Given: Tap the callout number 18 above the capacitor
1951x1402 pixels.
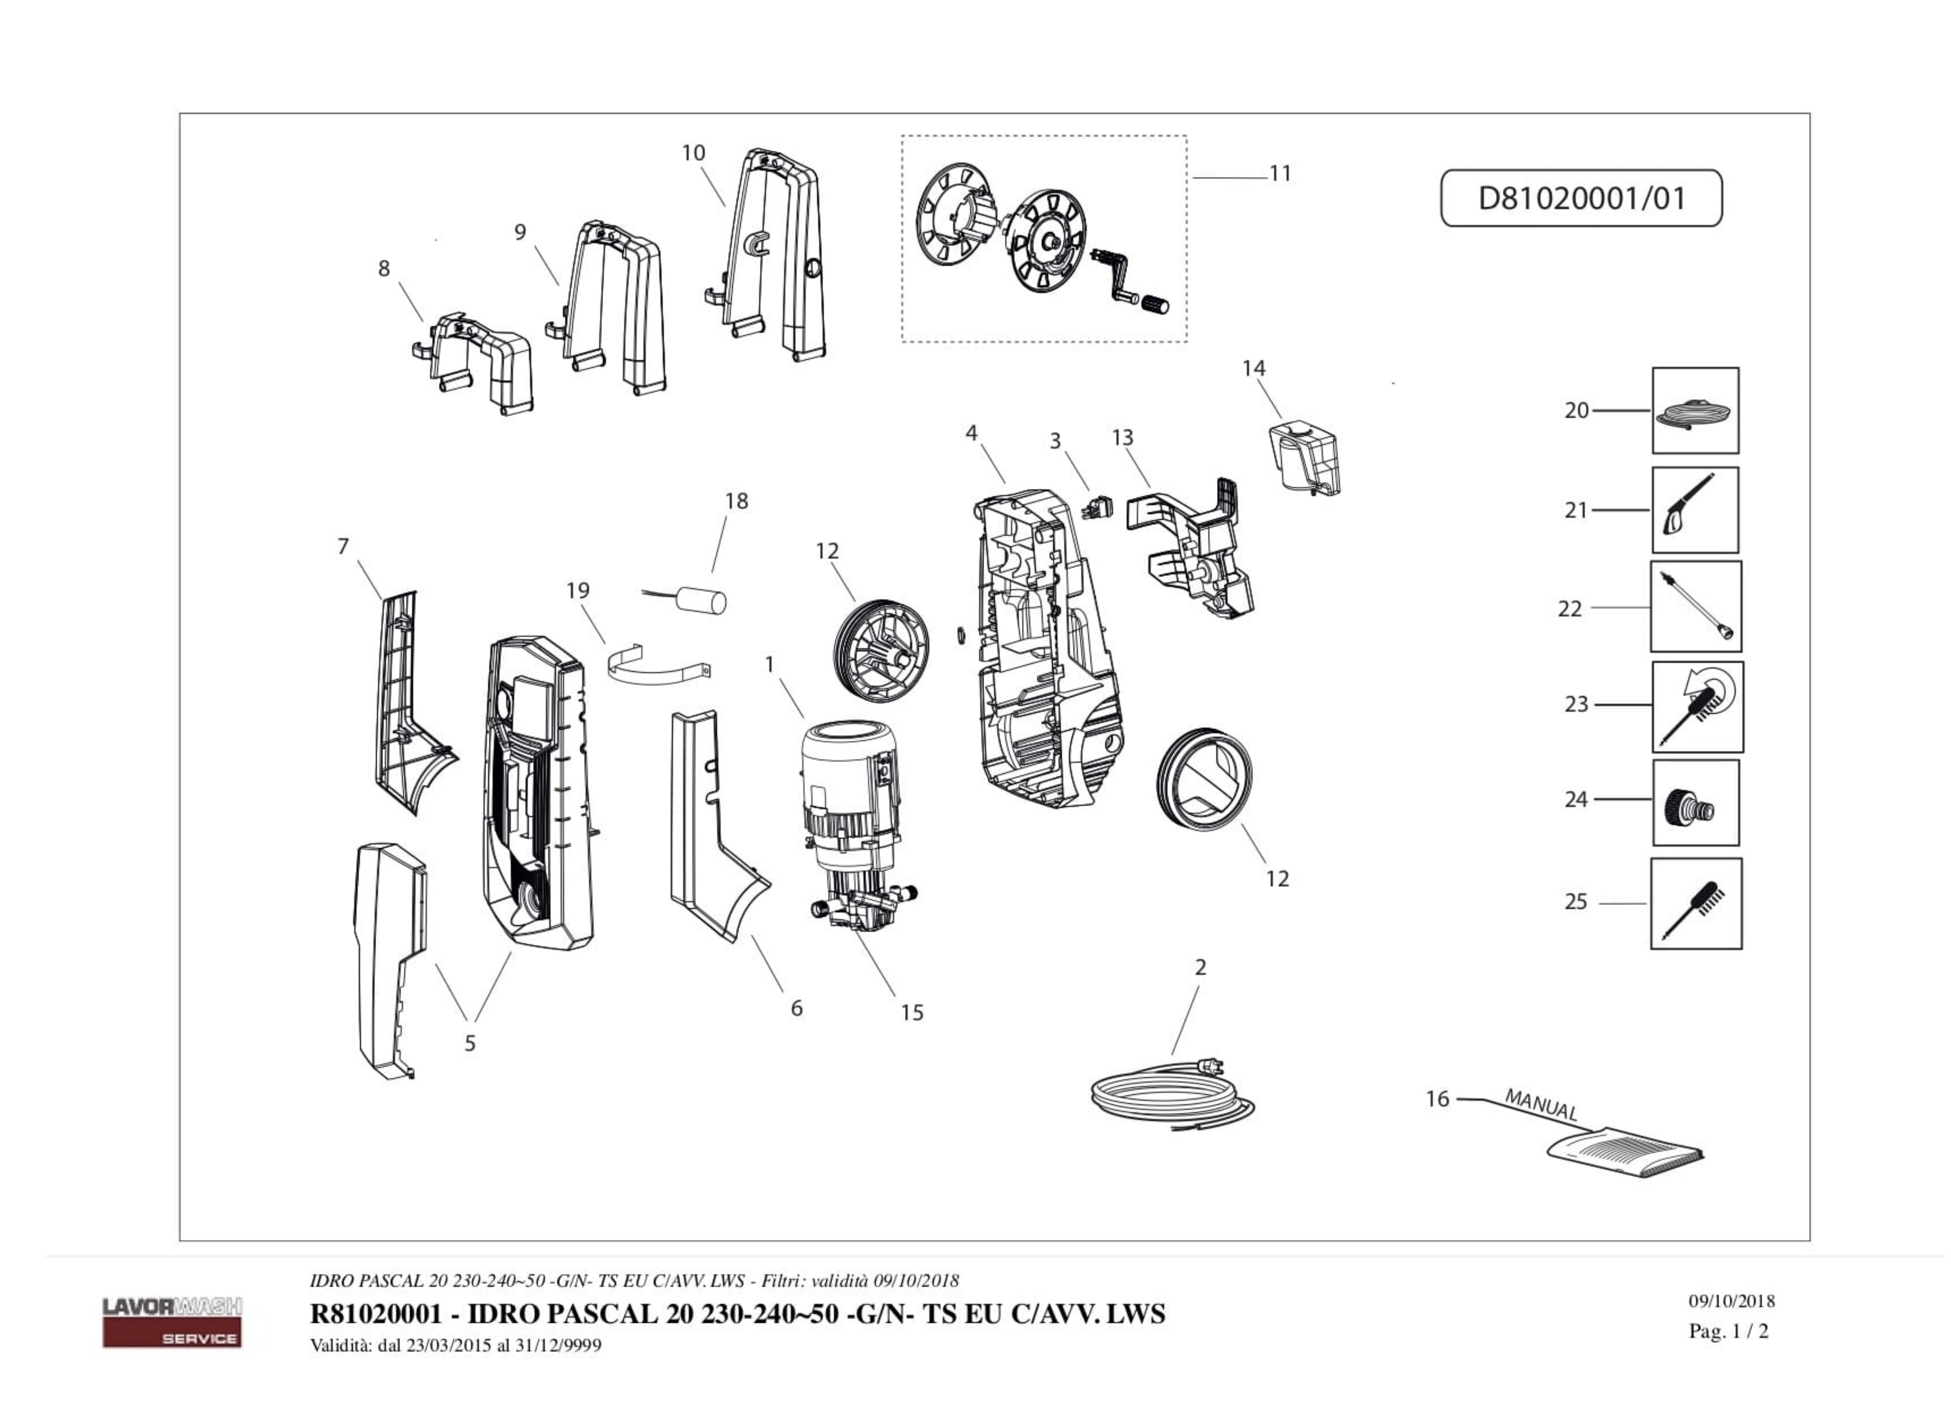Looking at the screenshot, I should [x=736, y=501].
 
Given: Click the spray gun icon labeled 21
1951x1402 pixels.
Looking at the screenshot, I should [x=1694, y=510].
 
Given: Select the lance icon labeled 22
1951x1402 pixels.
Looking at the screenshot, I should [x=1695, y=607].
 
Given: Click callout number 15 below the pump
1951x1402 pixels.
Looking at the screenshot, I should [x=912, y=1013].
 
